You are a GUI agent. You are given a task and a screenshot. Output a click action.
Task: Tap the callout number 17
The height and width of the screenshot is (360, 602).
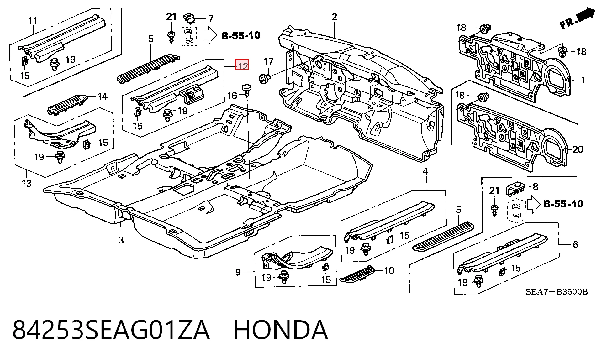[268, 62]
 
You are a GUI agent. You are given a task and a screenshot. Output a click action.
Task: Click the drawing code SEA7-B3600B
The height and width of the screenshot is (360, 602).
[557, 292]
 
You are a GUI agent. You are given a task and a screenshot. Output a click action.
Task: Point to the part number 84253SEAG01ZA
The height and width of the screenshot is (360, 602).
[111, 330]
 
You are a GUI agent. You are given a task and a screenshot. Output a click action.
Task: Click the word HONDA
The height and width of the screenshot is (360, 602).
[281, 330]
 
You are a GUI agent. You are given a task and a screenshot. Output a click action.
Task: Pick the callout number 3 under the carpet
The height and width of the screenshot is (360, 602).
[121, 240]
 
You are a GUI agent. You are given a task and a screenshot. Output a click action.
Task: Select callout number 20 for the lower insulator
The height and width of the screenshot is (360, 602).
[578, 149]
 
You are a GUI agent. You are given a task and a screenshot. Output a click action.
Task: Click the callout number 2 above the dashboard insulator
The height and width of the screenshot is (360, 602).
[335, 17]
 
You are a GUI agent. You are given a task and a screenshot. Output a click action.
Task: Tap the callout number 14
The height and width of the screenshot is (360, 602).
[103, 96]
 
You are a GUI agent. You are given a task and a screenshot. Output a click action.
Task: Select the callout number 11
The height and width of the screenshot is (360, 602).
[33, 21]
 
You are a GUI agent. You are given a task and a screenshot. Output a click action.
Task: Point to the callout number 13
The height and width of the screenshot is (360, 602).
[27, 183]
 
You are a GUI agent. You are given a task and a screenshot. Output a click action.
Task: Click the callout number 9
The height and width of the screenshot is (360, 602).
[238, 272]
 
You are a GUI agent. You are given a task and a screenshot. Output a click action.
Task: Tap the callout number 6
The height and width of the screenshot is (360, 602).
[575, 244]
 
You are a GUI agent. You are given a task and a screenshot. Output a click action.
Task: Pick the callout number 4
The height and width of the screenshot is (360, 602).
[425, 171]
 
